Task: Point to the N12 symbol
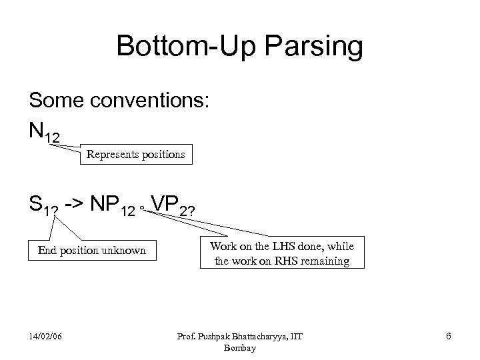(x=44, y=132)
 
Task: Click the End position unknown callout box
(x=92, y=251)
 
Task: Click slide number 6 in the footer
(x=449, y=336)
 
